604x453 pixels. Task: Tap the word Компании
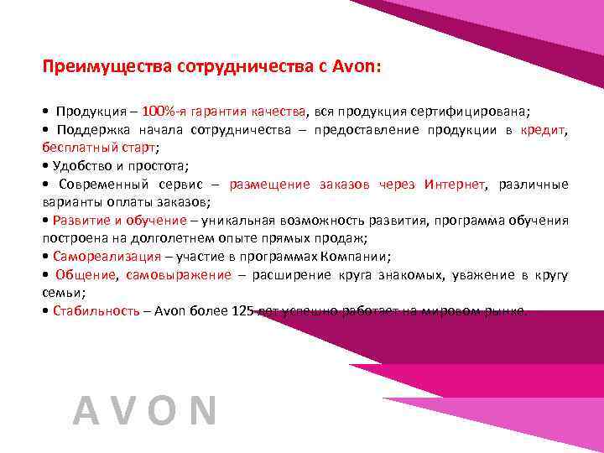pos(365,257)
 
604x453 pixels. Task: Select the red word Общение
pos(89,275)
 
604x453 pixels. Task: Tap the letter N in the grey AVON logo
pos(201,412)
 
